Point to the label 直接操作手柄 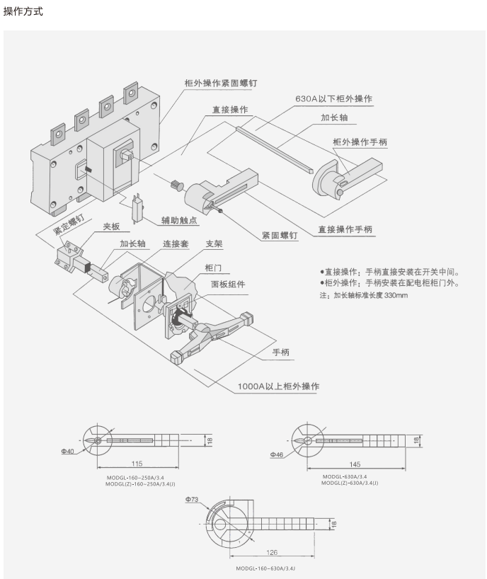point(345,229)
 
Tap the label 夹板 point(112,227)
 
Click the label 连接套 point(176,244)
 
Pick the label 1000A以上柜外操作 point(278,386)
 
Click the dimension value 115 point(137,463)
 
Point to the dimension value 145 point(355,464)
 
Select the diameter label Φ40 point(67,451)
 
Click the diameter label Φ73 point(193,499)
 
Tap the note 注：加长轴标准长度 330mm point(364,295)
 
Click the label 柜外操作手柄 point(360,142)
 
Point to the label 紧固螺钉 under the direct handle point(279,234)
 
